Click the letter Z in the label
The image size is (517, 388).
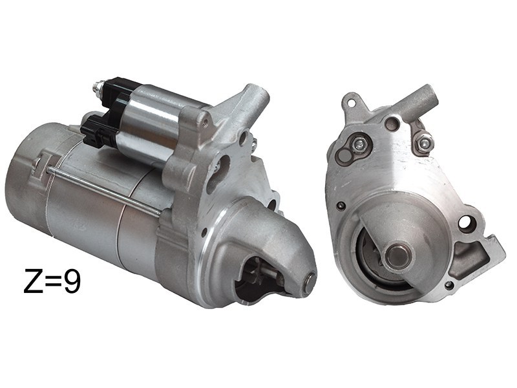tap(34, 281)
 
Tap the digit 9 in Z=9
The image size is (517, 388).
tap(72, 281)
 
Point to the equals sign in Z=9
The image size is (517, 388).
tap(53, 281)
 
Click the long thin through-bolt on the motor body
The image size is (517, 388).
tap(104, 189)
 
